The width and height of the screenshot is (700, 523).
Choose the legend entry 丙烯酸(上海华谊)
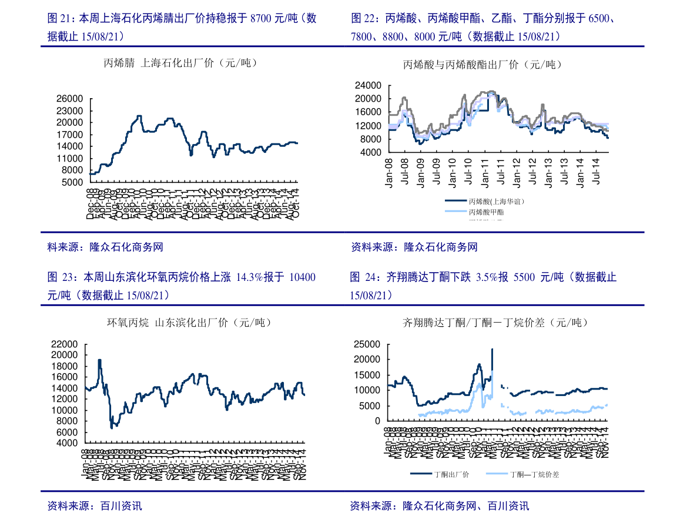coord(497,201)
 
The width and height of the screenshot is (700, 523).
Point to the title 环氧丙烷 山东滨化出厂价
coord(181,323)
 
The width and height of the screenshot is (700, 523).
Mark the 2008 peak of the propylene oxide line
coord(100,360)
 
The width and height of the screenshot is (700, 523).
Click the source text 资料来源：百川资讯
coord(95,506)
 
